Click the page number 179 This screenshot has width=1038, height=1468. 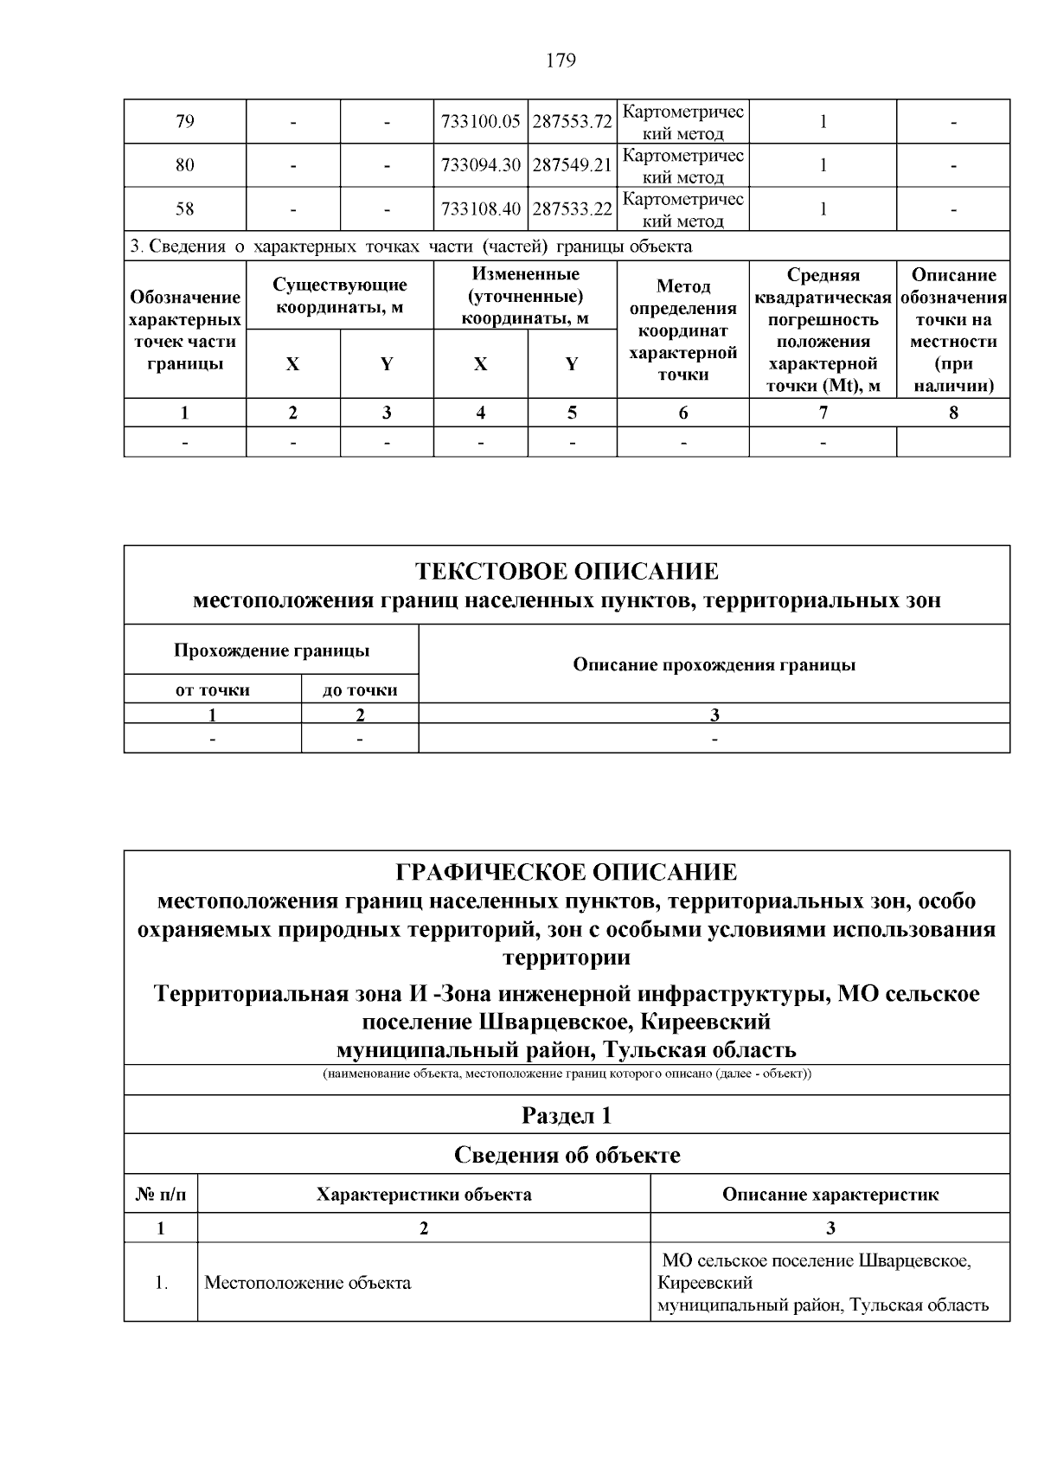click(x=561, y=61)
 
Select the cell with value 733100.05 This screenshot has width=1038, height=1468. click(x=480, y=122)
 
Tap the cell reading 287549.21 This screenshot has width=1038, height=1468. click(x=572, y=165)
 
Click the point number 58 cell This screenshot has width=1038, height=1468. click(x=184, y=209)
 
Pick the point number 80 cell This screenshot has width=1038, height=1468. click(x=184, y=165)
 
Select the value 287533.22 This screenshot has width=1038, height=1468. click(x=572, y=209)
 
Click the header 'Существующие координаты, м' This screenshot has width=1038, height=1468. click(x=339, y=296)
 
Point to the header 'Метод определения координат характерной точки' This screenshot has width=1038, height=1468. click(x=682, y=330)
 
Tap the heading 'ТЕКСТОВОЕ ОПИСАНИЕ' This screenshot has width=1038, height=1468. click(x=567, y=572)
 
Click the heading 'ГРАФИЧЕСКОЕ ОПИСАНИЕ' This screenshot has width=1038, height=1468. click(x=567, y=872)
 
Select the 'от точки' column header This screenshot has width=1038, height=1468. click(x=213, y=689)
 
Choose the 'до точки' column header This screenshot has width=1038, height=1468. click(x=360, y=689)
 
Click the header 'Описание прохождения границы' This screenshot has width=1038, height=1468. click(x=714, y=664)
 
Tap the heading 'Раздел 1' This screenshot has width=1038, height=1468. click(x=567, y=1115)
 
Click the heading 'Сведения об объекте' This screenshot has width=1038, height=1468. click(x=567, y=1155)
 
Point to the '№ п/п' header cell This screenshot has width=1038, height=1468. click(x=161, y=1195)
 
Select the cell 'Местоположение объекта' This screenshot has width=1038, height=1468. click(x=307, y=1283)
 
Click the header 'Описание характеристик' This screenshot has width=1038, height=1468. click(x=830, y=1195)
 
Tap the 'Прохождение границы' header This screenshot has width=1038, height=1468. click(x=271, y=651)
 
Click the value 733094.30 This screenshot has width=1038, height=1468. click(x=480, y=165)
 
